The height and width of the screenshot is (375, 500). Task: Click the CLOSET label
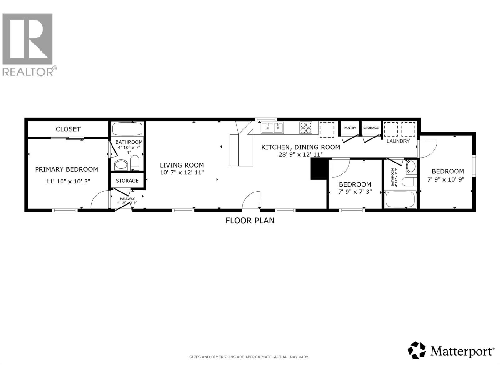(x=68, y=129)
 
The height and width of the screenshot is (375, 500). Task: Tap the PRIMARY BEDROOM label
(x=67, y=169)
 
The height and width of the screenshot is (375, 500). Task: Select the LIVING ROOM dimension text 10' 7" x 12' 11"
(x=182, y=172)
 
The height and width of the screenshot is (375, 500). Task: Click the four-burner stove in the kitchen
(x=306, y=127)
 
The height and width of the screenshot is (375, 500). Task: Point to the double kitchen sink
(x=272, y=127)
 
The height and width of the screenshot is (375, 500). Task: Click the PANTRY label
(x=350, y=128)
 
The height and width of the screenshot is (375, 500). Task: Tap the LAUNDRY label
(x=398, y=141)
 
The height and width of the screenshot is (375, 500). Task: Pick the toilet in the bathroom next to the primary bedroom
(x=135, y=162)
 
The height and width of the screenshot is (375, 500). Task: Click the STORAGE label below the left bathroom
(x=127, y=181)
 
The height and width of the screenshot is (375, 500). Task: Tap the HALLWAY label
(x=127, y=199)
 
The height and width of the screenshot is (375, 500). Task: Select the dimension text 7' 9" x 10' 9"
(x=446, y=179)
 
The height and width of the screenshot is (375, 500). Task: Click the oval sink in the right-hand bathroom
(x=411, y=167)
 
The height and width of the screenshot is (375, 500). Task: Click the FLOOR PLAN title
(x=250, y=221)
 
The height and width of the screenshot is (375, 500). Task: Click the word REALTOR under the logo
(x=28, y=72)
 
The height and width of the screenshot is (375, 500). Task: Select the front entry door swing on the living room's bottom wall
(x=252, y=201)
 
